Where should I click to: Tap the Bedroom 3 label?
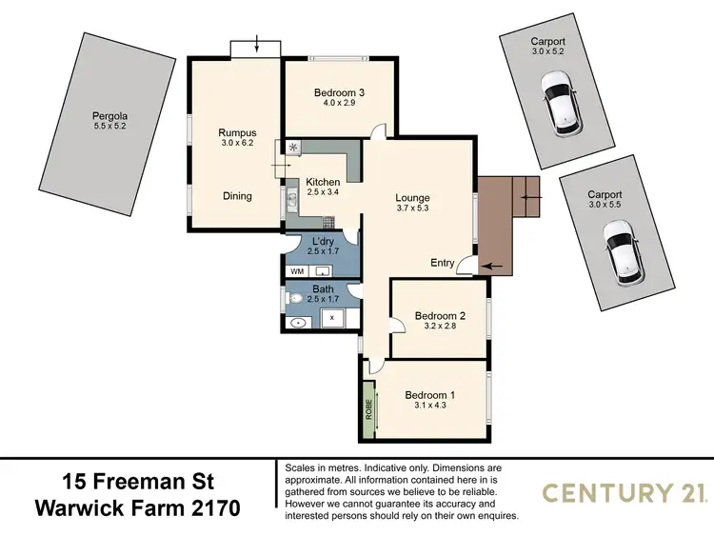340,92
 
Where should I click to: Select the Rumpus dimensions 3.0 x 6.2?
237,145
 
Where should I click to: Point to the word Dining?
237,196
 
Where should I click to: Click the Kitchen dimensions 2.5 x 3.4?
323,193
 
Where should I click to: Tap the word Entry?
443,263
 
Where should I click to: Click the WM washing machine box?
296,271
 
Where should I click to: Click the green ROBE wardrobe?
368,410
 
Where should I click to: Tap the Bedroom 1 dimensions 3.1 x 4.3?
429,406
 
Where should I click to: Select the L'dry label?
323,242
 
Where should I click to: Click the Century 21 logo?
624,492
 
